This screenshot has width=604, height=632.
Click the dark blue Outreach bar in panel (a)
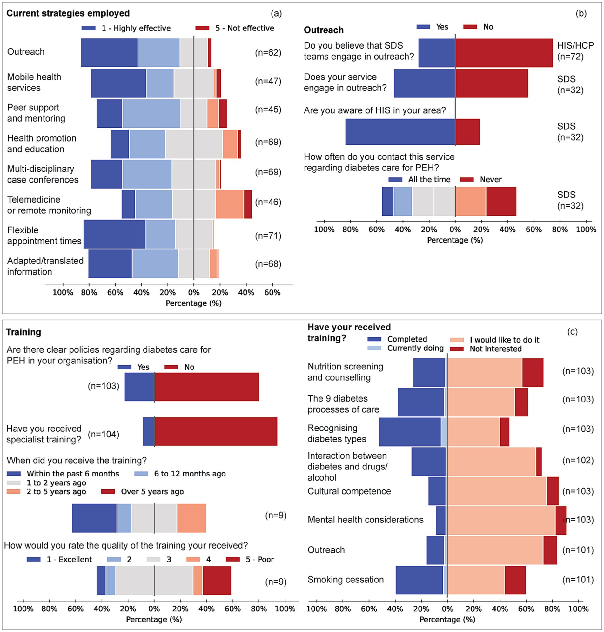pyautogui.click(x=109, y=53)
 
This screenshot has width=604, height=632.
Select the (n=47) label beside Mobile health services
pyautogui.click(x=268, y=81)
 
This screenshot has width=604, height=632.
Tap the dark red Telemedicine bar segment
pyautogui.click(x=248, y=204)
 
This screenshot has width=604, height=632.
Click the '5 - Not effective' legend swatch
pyautogui.click(x=202, y=28)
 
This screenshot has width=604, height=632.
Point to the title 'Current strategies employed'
pyautogui.click(x=68, y=13)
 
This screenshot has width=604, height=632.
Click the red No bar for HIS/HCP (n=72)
pyautogui.click(x=504, y=53)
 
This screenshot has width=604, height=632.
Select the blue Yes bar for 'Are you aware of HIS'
pyautogui.click(x=400, y=132)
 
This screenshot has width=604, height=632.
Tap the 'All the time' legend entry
pyautogui.click(x=419, y=180)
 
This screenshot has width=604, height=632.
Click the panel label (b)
pyautogui.click(x=581, y=14)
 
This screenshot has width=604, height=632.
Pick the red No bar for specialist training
pyautogui.click(x=216, y=431)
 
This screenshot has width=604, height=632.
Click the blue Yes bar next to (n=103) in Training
pyautogui.click(x=139, y=387)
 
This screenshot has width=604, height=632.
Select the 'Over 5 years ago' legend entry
pyautogui.click(x=143, y=492)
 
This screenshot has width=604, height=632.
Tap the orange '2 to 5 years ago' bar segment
pyautogui.click(x=191, y=518)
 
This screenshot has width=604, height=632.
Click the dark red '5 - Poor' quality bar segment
pyautogui.click(x=217, y=581)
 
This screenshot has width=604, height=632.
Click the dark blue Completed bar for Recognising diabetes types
pyautogui.click(x=410, y=432)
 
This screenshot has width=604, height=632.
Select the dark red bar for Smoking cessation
pyautogui.click(x=515, y=580)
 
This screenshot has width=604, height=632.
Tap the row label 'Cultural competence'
pyautogui.click(x=349, y=491)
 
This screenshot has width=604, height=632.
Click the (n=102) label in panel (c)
pyautogui.click(x=578, y=461)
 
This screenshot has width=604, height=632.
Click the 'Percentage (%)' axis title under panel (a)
pyautogui.click(x=193, y=303)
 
